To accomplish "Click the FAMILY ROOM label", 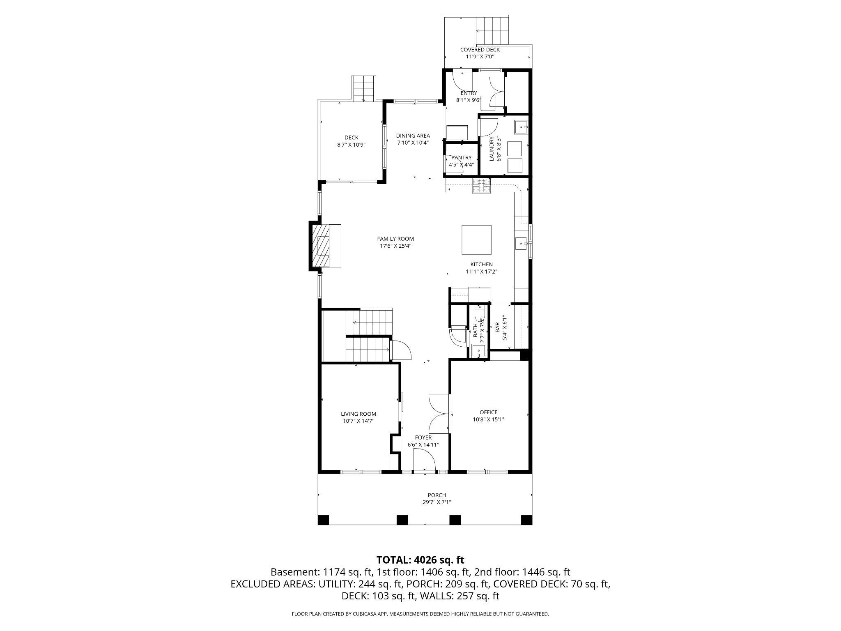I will pos(395,239).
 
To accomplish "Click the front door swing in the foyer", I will pos(424,460).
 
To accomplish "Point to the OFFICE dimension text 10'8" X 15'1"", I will pos(488,419).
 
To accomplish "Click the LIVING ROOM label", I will pos(358,414).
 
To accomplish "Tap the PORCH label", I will pos(437,495).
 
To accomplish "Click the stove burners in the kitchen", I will pos(481,186).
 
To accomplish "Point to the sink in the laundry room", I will pos(522,127).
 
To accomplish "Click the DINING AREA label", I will pos(413,136).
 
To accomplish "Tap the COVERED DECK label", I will pos(480,50).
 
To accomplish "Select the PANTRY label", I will pos(461,158).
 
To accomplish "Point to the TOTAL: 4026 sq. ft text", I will pos(420,560).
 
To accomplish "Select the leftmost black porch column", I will pos(324,520).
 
